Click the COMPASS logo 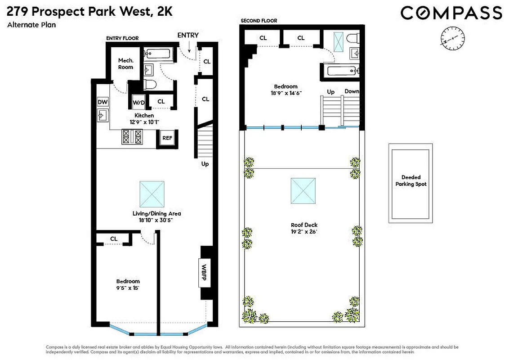(451, 12)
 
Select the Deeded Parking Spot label (411, 181)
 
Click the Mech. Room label (125, 64)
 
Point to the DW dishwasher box (103, 102)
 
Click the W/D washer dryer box (138, 103)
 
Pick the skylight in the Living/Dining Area (152, 193)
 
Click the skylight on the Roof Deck (303, 190)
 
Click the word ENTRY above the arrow (188, 35)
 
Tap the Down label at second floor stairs (352, 91)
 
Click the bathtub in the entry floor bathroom (157, 54)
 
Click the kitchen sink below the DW (103, 116)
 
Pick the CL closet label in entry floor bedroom (114, 238)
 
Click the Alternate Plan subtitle (31, 25)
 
